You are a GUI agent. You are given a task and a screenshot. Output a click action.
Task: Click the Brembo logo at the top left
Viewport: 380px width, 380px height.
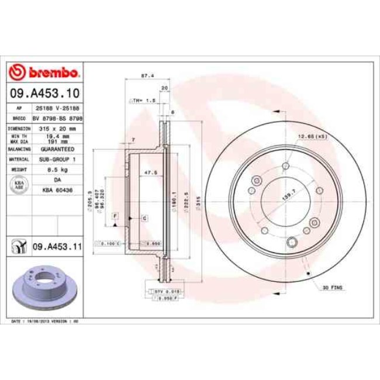[44, 73]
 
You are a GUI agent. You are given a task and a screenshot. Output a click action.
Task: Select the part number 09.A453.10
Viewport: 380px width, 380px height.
[44, 93]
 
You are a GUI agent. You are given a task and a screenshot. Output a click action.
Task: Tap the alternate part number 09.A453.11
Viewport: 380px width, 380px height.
[56, 246]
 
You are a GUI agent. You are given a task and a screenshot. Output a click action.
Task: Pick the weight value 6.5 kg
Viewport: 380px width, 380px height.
[57, 169]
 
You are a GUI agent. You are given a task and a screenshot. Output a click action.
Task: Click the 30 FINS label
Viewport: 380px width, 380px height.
[334, 288]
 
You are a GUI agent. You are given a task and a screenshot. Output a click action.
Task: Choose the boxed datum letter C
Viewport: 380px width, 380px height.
[144, 217]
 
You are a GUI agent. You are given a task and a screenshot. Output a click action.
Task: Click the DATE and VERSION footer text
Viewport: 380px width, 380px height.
[45, 322]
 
